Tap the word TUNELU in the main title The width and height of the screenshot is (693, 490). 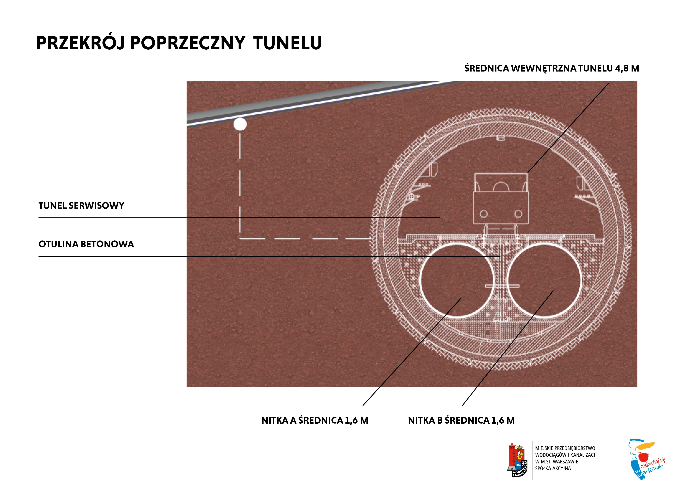point(288,43)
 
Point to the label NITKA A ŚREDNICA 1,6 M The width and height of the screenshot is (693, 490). point(315,421)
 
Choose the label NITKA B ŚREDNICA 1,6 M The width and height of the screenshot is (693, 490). point(461,421)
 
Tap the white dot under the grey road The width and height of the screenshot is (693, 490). point(240,124)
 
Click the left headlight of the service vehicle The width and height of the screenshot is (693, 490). point(484,214)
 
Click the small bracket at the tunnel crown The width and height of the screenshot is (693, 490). point(501,138)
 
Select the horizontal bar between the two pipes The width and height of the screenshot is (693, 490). point(502,286)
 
